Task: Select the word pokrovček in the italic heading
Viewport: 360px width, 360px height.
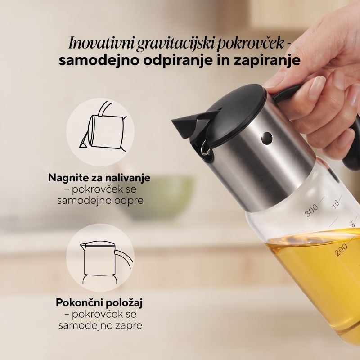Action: coord(250,43)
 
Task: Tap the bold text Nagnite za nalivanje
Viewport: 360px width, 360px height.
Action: coord(99,178)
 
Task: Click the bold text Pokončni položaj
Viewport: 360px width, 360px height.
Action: coord(99,303)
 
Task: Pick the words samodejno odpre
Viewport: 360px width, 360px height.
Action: coord(100,201)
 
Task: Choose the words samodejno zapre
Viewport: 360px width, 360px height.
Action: coord(100,325)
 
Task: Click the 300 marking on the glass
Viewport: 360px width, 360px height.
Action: coord(312,210)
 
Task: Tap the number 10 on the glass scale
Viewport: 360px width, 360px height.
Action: coord(335,204)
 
